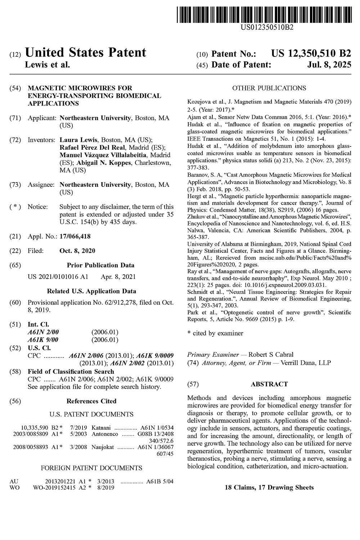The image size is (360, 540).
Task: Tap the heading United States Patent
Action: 85,53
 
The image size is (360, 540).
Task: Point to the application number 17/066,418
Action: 75,237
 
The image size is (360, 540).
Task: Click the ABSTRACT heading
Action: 269,384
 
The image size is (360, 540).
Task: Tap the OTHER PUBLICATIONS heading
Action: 269,88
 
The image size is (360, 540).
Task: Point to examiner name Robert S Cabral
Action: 271,355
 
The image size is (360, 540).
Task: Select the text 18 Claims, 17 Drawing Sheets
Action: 269,487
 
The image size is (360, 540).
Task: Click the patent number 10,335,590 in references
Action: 35,428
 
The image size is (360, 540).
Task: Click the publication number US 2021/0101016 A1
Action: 58,277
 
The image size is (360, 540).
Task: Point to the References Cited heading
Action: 91,401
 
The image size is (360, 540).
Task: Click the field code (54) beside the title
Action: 16,88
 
